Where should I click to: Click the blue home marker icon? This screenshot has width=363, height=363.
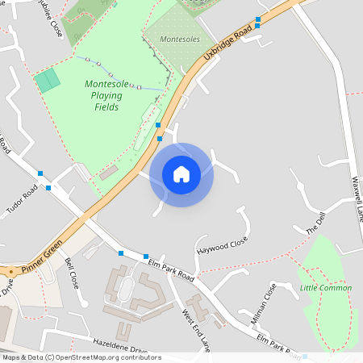click(181, 174)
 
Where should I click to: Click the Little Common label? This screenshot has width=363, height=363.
click(326, 288)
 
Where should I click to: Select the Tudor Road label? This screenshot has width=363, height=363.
click(22, 197)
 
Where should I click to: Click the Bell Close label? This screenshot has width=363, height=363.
click(72, 273)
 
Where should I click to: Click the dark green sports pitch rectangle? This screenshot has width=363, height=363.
click(48, 80)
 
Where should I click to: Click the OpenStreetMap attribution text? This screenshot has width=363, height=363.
click(81, 357)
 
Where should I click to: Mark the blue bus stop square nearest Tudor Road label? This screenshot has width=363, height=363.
click(48, 187)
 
